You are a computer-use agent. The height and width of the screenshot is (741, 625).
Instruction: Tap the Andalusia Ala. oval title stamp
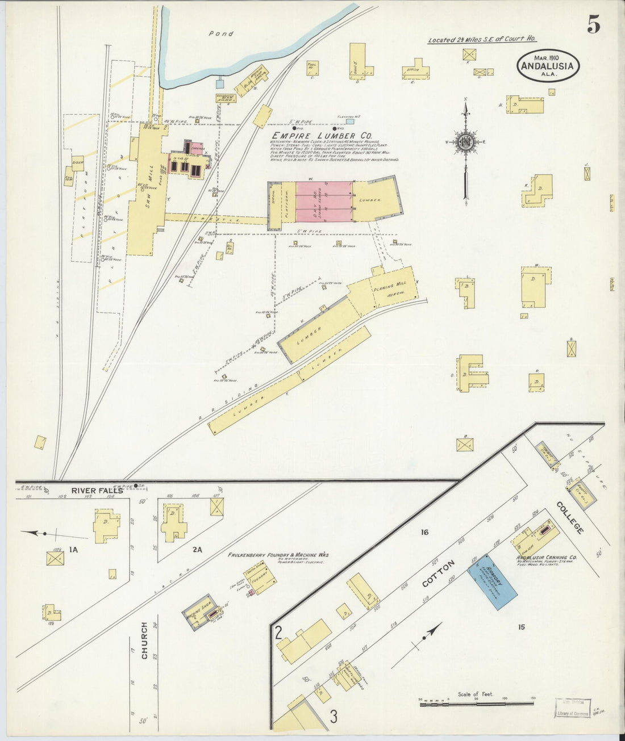548,65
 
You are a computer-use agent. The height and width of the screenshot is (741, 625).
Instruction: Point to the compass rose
466,141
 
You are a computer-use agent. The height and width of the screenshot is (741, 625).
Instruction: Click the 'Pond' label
221,34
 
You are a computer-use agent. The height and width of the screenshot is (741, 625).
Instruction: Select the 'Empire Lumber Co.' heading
322,136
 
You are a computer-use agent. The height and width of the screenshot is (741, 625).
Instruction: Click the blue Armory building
492,581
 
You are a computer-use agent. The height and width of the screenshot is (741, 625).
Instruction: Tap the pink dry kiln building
323,201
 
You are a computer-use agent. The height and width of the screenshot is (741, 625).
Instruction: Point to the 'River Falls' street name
97,491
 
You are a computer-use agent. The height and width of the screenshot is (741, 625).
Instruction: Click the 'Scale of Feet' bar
477,704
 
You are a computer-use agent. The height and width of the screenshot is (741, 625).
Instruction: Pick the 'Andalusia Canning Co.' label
546,558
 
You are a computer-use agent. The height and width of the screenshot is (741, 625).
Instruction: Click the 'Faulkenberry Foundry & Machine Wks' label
278,555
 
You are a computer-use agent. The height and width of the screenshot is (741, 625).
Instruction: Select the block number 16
423,532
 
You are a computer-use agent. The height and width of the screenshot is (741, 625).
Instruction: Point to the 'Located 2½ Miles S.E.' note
482,40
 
